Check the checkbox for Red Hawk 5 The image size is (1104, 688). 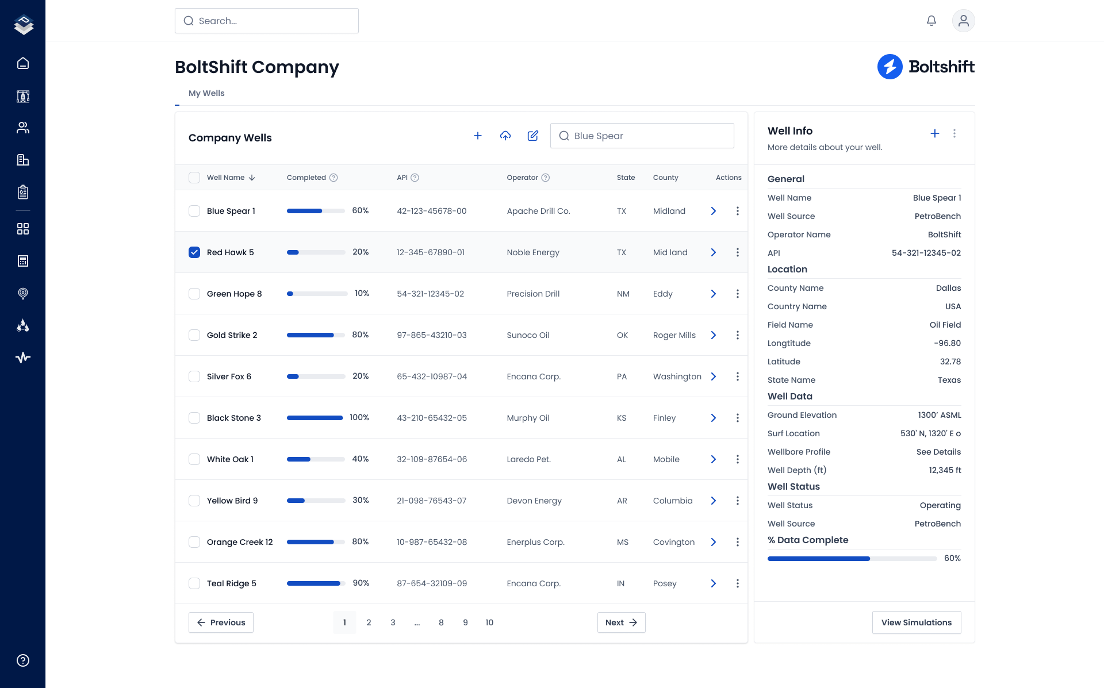click(x=194, y=252)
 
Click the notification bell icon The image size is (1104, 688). click(x=931, y=21)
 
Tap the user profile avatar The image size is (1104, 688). click(x=963, y=21)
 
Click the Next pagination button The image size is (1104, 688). click(x=621, y=622)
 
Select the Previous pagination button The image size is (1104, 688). click(x=221, y=622)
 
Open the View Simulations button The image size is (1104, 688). click(x=916, y=622)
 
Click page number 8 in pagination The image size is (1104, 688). click(x=441, y=622)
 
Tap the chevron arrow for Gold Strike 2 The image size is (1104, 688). click(x=713, y=335)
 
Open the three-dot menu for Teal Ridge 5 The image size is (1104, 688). click(x=737, y=583)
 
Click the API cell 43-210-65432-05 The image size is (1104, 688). click(x=432, y=418)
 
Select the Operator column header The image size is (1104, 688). click(x=522, y=178)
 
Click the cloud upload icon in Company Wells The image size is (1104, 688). click(x=505, y=136)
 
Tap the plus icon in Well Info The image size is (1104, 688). click(x=934, y=133)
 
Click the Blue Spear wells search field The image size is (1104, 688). click(x=642, y=136)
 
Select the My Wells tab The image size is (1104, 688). click(x=206, y=93)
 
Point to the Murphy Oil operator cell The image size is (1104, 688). click(x=528, y=418)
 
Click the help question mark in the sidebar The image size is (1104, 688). click(x=23, y=660)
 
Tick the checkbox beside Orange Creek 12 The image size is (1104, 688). click(x=194, y=542)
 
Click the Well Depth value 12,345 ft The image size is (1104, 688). click(x=945, y=470)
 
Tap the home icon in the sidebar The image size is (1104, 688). click(x=23, y=63)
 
